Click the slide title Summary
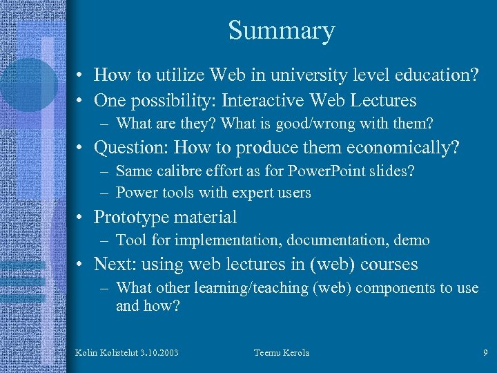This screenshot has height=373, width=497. point(281,31)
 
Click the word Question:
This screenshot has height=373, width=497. point(131,148)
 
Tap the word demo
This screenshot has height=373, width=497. point(412,240)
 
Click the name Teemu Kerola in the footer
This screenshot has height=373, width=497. point(282,353)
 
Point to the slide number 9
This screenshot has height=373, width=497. point(485,353)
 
